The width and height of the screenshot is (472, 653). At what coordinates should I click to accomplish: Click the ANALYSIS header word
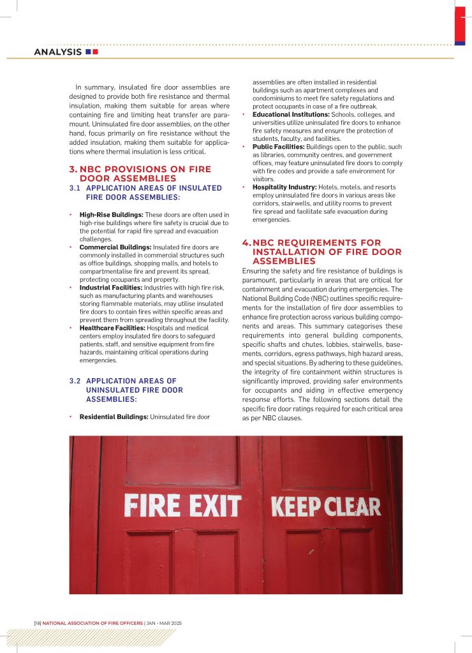pos(57,52)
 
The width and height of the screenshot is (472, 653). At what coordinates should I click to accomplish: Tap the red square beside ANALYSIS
pos(95,52)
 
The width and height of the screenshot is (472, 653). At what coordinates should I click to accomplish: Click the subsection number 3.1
pos(75,188)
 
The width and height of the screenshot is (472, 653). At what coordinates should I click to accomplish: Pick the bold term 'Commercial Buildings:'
pos(114,247)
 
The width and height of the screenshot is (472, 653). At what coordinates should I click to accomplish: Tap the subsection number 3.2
pos(75,381)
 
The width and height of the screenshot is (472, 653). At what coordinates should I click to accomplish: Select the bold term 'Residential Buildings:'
pos(114,416)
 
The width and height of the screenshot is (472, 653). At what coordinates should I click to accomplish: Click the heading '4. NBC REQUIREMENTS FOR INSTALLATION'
pos(321,251)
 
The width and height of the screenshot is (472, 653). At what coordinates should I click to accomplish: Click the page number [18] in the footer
pos(38,622)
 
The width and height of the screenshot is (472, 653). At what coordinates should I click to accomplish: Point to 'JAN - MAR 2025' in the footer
pos(165,622)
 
